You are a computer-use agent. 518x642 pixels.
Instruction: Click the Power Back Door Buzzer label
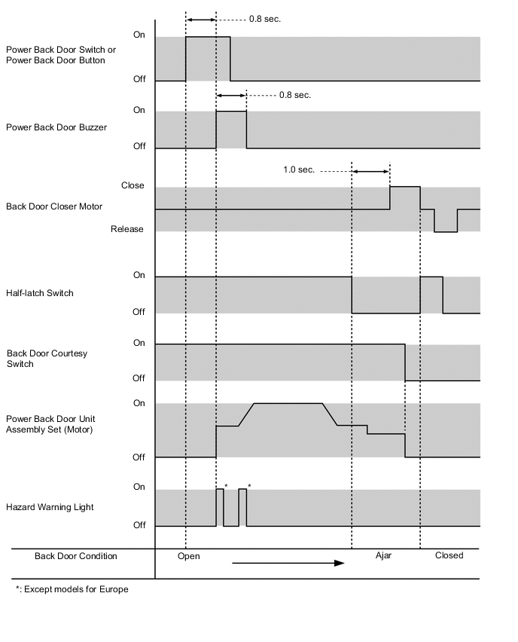(x=56, y=127)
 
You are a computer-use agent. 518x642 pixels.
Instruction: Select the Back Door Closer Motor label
(x=54, y=206)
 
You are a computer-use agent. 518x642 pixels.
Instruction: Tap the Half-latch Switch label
(x=40, y=293)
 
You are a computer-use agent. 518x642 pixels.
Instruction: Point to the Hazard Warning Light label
(x=50, y=507)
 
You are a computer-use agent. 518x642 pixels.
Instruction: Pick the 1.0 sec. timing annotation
(x=299, y=170)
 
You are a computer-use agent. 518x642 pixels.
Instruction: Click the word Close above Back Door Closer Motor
(x=133, y=185)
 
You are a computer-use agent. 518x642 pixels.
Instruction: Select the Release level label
(x=126, y=229)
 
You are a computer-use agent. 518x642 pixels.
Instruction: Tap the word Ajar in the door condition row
(x=384, y=556)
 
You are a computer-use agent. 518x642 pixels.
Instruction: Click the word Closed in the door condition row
(x=449, y=555)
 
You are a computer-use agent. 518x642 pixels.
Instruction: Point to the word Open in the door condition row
(x=189, y=556)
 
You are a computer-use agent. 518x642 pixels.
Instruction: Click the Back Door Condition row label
(x=76, y=556)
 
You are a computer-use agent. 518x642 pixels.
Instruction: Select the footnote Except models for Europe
(x=72, y=589)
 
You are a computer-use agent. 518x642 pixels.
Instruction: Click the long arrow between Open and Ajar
(x=288, y=562)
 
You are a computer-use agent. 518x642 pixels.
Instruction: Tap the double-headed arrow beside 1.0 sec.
(x=370, y=172)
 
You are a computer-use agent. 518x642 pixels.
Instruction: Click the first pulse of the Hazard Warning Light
(x=220, y=507)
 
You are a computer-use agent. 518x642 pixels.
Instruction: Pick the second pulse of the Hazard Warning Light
(x=242, y=507)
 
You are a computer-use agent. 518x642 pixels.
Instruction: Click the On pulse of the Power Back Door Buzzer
(x=231, y=129)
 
